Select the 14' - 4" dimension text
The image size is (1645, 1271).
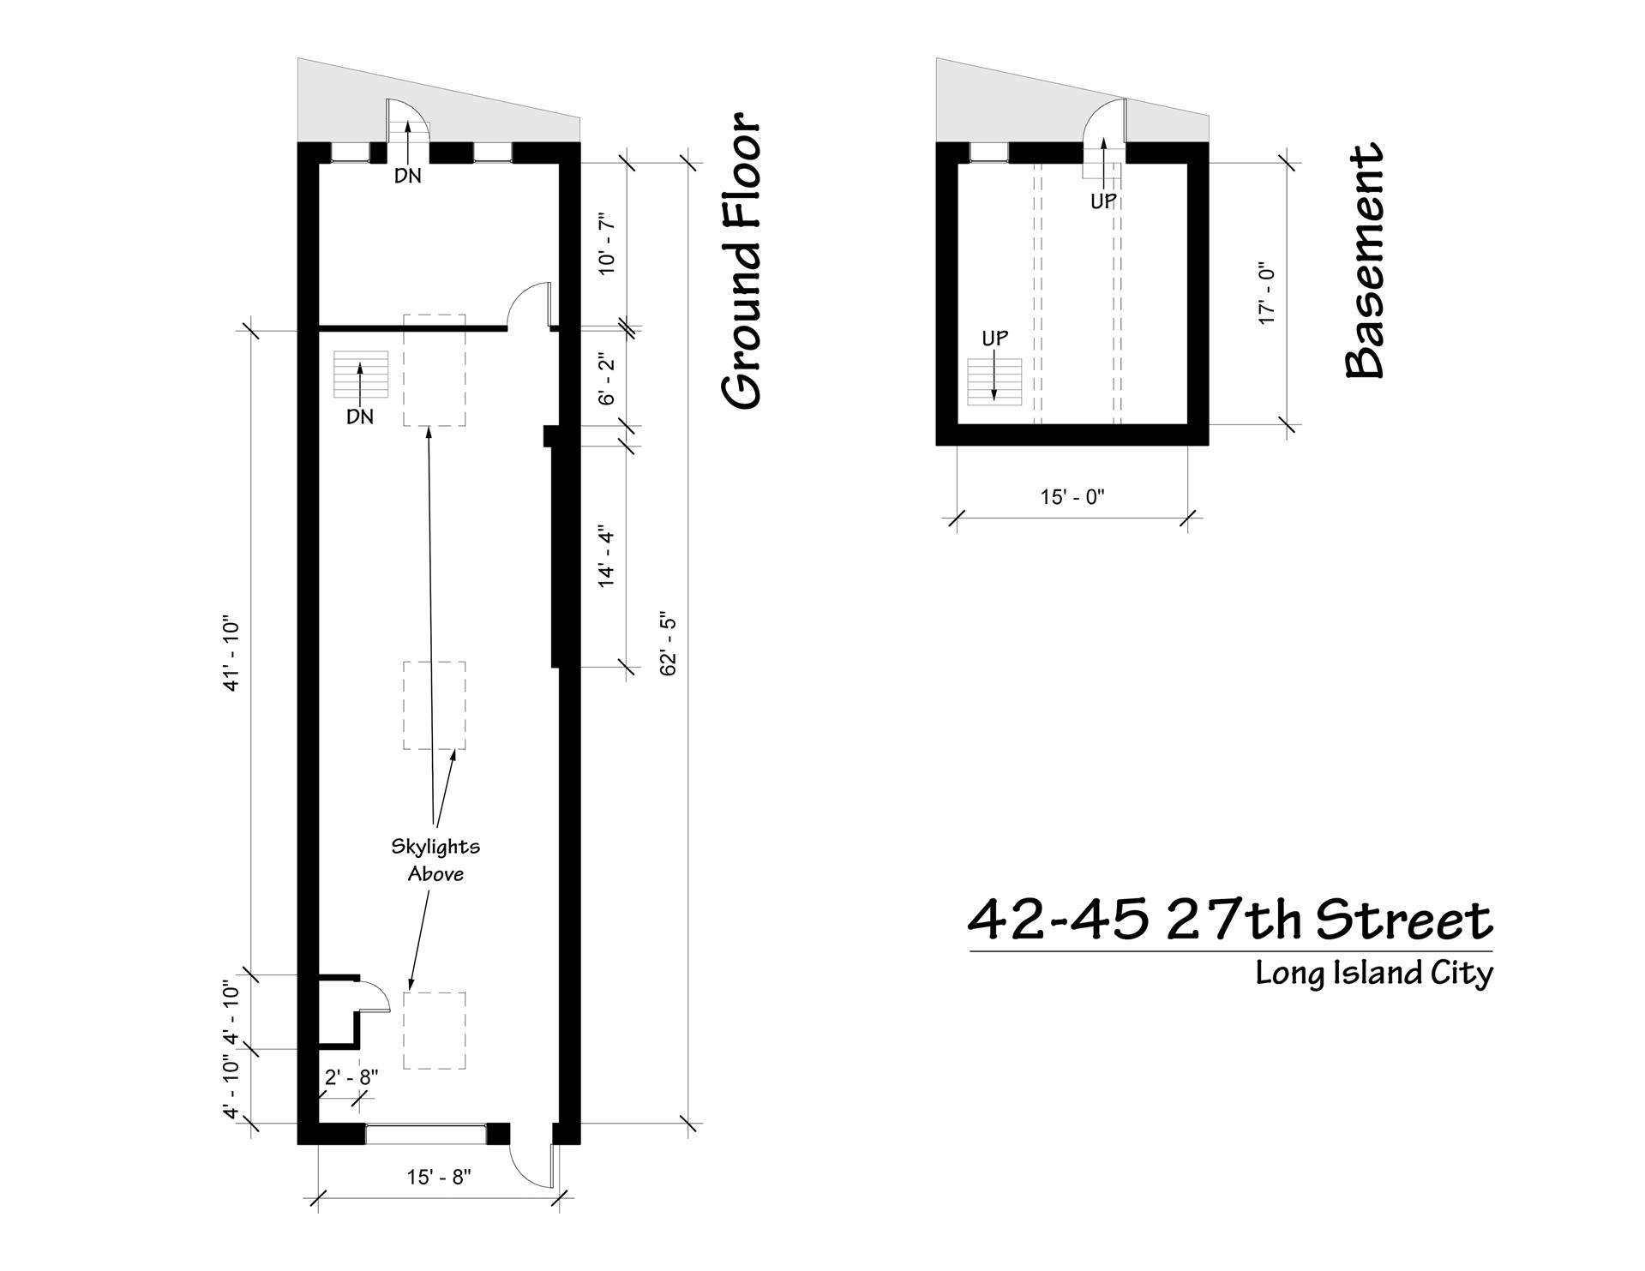608,555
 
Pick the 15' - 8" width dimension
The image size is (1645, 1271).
439,1177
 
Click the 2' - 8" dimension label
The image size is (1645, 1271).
351,1077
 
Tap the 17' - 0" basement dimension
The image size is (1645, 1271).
1267,292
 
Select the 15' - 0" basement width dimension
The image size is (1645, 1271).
1072,497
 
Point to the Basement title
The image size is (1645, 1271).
1364,261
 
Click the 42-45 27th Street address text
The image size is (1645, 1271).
1230,920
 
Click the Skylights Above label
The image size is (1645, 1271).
435,860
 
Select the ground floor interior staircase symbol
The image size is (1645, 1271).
360,374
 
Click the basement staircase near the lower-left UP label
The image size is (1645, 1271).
994,381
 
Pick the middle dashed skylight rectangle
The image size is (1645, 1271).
435,705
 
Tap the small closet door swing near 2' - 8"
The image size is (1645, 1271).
375,996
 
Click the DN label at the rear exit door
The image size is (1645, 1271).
408,176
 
